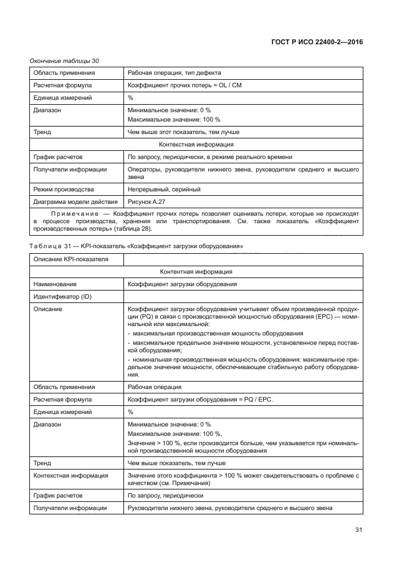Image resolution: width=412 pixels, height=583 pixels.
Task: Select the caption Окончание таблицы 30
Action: point(65,60)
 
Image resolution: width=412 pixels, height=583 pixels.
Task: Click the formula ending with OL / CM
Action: point(184,85)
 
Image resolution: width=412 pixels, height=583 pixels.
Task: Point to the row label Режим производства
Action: point(64,189)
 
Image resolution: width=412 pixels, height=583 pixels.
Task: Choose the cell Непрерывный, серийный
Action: point(164,189)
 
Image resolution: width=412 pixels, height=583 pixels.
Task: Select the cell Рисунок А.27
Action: point(146,201)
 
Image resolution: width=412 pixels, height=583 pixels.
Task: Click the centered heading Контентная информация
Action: point(196,271)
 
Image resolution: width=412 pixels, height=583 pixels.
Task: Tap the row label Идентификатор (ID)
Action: point(62,296)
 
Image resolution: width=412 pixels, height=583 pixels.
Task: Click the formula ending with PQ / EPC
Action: point(200,399)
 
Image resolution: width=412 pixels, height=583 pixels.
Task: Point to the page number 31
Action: point(358,530)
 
